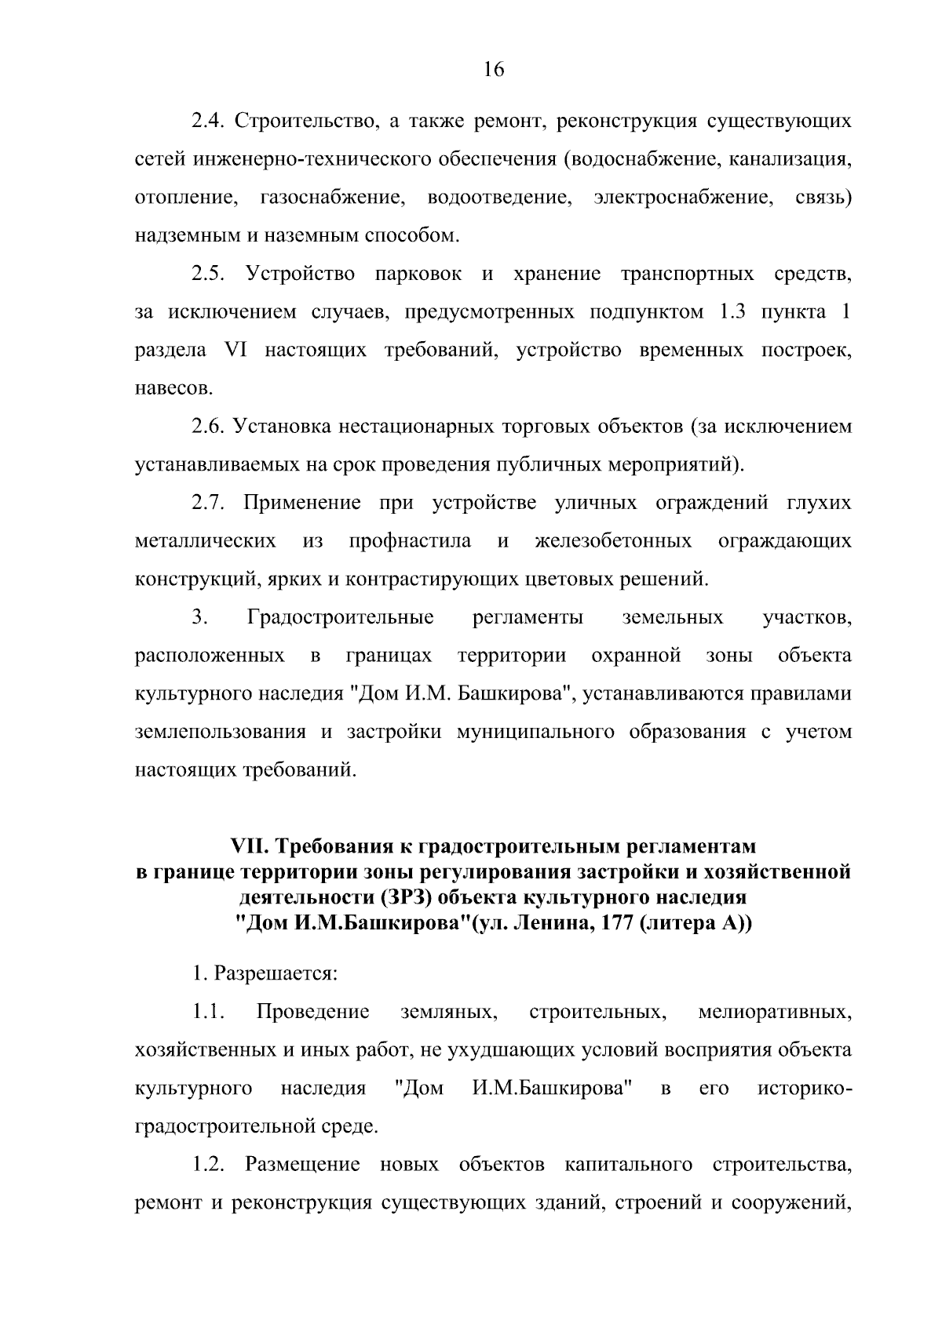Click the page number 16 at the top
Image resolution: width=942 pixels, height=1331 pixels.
pos(494,70)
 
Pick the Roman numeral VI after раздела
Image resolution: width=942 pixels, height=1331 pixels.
pos(235,351)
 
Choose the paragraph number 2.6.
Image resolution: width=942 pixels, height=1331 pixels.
pos(208,427)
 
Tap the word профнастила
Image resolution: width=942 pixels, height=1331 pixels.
pos(410,541)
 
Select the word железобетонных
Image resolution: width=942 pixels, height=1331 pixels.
pos(613,541)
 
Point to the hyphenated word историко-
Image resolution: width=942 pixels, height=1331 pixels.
pos(805,1089)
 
